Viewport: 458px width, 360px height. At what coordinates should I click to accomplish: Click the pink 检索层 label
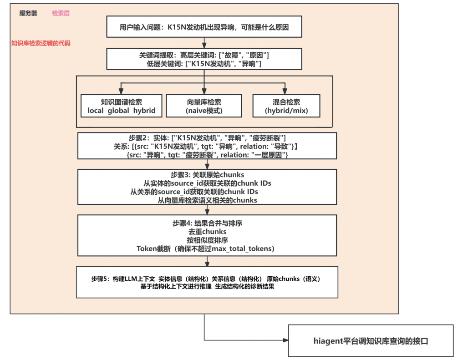coord(61,14)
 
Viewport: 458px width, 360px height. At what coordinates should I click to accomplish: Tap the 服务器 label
coord(28,14)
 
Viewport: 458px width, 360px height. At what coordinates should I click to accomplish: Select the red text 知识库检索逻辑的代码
coord(41,44)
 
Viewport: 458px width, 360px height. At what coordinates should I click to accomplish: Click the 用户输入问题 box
coord(204,27)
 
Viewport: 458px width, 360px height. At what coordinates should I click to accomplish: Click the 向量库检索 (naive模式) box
coord(204,106)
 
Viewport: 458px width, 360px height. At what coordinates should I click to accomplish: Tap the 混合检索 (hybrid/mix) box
coord(286,106)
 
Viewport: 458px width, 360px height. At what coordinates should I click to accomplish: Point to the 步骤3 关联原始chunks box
coord(207,187)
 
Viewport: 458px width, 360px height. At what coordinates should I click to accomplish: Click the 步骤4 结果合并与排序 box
coord(207,235)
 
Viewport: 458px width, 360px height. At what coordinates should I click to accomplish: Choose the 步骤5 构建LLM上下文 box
coord(207,282)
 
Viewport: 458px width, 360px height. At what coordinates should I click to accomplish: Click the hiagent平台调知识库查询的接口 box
coord(371,340)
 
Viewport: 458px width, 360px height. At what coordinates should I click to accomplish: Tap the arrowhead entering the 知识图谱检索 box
coord(121,91)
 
